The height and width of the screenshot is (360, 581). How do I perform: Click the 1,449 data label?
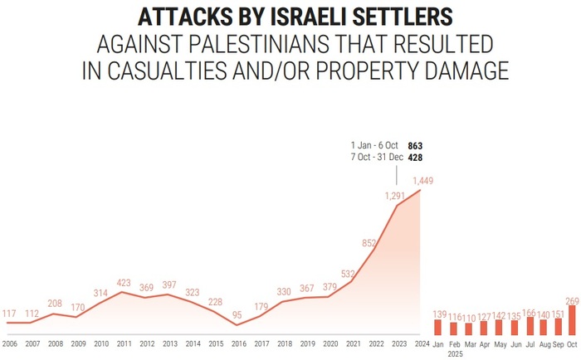pyautogui.click(x=422, y=180)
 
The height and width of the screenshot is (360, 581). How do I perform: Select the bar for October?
pyautogui.click(x=571, y=320)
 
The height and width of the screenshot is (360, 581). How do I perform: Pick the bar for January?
pyautogui.click(x=440, y=327)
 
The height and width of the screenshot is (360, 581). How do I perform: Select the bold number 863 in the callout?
pyautogui.click(x=416, y=145)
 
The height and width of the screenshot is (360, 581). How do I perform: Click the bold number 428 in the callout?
pyautogui.click(x=416, y=158)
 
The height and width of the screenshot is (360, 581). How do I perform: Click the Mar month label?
pyautogui.click(x=470, y=343)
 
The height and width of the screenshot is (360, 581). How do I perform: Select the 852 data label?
pyautogui.click(x=369, y=243)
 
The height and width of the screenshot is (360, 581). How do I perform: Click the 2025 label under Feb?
pyautogui.click(x=455, y=353)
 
